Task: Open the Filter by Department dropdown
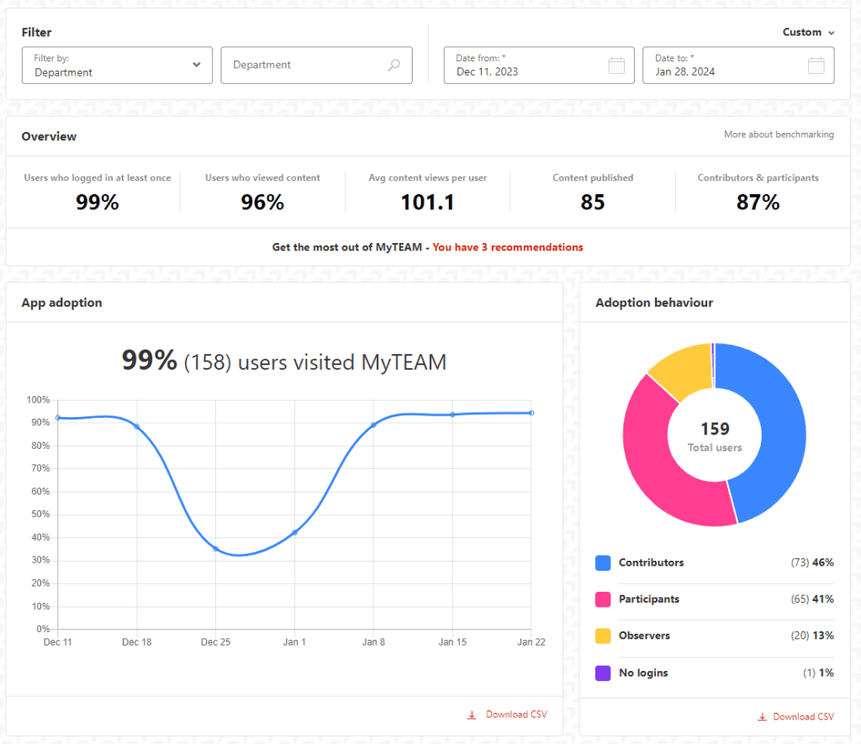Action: pyautogui.click(x=117, y=66)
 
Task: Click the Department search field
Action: pyautogui.click(x=316, y=66)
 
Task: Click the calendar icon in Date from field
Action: pyautogui.click(x=615, y=66)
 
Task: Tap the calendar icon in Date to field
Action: pyautogui.click(x=815, y=66)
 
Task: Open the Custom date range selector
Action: pyautogui.click(x=808, y=32)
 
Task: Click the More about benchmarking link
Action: pyautogui.click(x=779, y=135)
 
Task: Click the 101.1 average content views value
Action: pyautogui.click(x=428, y=202)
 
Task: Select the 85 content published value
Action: pyautogui.click(x=593, y=202)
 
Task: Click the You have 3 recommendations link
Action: pyautogui.click(x=507, y=247)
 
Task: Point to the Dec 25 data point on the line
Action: pyautogui.click(x=216, y=549)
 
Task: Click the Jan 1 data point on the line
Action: pyautogui.click(x=294, y=532)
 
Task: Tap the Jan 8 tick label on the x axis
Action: pyautogui.click(x=373, y=642)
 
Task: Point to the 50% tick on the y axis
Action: pyautogui.click(x=40, y=514)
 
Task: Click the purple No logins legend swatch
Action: pyautogui.click(x=602, y=673)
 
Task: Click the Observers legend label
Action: pyautogui.click(x=644, y=636)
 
